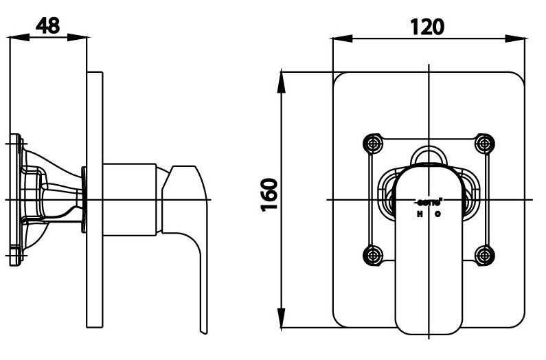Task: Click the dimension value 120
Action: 427,25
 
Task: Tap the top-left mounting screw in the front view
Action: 373,144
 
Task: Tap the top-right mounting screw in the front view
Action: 485,144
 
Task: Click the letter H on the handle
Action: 420,214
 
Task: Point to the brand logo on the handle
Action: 429,203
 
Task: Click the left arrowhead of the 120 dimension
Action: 337,39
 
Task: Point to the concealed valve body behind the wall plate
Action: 48,199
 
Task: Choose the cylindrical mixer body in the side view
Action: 130,199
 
